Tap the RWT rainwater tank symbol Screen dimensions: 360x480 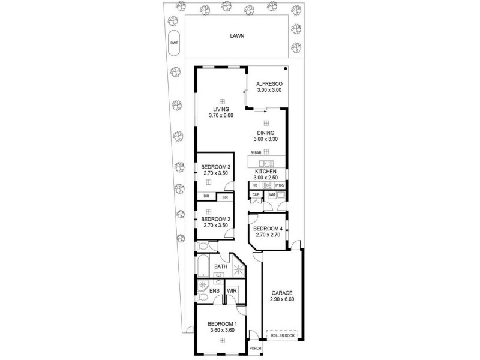[174, 43]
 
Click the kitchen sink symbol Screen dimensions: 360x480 [265, 163]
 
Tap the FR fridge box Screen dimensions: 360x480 [254, 185]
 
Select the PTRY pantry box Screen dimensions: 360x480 [280, 185]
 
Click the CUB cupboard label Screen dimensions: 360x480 [256, 194]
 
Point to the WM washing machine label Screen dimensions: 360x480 [271, 194]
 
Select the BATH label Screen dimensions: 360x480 [220, 266]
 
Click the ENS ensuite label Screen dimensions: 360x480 [214, 290]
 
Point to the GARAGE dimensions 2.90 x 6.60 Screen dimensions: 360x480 [281, 299]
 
